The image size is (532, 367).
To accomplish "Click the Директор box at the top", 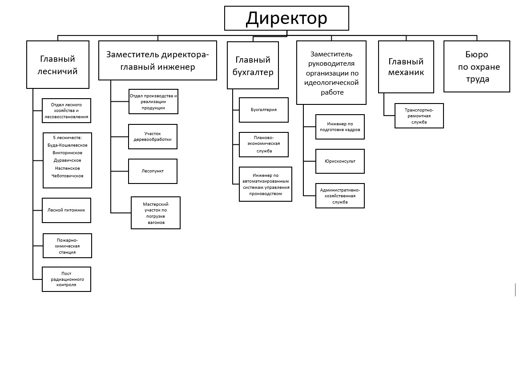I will click(286, 18).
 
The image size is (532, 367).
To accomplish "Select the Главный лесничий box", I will click(58, 65).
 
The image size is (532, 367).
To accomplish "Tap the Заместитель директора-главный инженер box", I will click(157, 60).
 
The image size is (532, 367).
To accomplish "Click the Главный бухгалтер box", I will click(253, 65).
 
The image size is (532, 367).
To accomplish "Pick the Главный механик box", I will click(406, 67).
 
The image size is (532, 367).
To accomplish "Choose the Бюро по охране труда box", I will click(476, 67).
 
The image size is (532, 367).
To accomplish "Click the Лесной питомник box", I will click(66, 210).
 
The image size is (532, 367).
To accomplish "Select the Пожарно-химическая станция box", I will click(67, 246).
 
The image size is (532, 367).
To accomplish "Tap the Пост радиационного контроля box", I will click(66, 279).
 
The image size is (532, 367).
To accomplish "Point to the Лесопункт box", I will click(153, 171).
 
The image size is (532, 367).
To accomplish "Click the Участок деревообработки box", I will click(153, 136).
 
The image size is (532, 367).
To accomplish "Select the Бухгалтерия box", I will click(263, 110).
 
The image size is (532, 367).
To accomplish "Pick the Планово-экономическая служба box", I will click(263, 144).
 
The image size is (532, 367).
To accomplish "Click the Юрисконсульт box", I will click(340, 161).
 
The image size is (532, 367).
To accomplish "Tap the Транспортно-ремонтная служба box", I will click(419, 116).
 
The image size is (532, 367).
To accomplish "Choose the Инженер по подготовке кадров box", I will click(340, 127).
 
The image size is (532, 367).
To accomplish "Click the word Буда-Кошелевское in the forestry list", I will click(68, 145).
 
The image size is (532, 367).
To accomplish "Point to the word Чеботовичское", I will click(68, 176).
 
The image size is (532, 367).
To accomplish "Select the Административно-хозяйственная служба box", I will click(340, 195).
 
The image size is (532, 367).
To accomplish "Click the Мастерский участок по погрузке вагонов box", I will click(156, 213).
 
